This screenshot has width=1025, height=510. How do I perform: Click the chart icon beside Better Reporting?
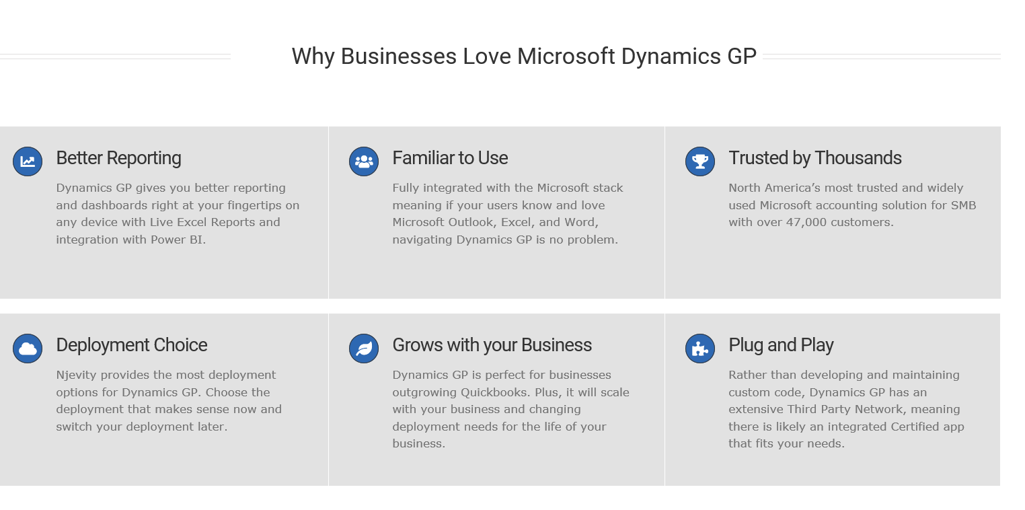pos(28,161)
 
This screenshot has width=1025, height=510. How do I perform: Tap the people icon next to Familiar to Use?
pos(364,161)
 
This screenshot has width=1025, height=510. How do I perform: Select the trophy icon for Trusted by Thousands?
pos(700,161)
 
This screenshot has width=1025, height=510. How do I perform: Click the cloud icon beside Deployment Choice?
pos(28,349)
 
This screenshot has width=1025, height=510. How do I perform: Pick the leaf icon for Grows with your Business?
pos(364,349)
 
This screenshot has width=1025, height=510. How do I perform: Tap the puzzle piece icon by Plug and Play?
pos(700,349)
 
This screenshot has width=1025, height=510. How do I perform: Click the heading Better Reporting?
pos(118,158)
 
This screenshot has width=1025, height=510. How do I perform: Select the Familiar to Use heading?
pos(450,158)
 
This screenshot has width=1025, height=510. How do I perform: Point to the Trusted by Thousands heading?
pos(815,158)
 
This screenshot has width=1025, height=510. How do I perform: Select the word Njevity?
pos(77,375)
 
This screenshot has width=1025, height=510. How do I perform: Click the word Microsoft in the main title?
pos(566,57)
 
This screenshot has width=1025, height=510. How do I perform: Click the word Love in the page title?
pos(486,57)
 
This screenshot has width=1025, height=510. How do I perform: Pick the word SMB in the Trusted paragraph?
pos(963,205)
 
